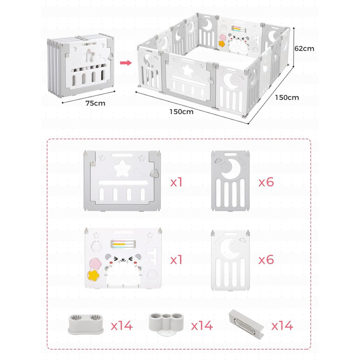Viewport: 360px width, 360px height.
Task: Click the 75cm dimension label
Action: pyautogui.click(x=95, y=103)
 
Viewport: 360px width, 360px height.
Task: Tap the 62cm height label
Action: pyautogui.click(x=304, y=48)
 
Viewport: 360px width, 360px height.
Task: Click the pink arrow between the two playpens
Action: pyautogui.click(x=126, y=63)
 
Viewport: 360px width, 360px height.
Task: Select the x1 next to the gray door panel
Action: pyautogui.click(x=176, y=182)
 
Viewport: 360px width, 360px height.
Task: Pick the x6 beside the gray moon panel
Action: pyautogui.click(x=266, y=182)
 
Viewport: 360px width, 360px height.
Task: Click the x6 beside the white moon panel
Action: pyautogui.click(x=266, y=260)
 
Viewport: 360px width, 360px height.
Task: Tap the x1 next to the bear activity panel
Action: pyautogui.click(x=176, y=260)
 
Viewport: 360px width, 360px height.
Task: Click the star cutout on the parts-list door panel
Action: pyautogui.click(x=122, y=169)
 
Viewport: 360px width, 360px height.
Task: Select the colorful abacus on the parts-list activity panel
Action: pyautogui.click(x=123, y=244)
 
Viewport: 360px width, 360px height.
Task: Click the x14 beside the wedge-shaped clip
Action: pyautogui.click(x=282, y=326)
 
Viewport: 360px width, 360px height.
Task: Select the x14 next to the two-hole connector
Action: pyautogui.click(x=122, y=326)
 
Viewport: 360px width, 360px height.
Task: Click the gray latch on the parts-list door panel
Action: pyautogui.click(x=154, y=173)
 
